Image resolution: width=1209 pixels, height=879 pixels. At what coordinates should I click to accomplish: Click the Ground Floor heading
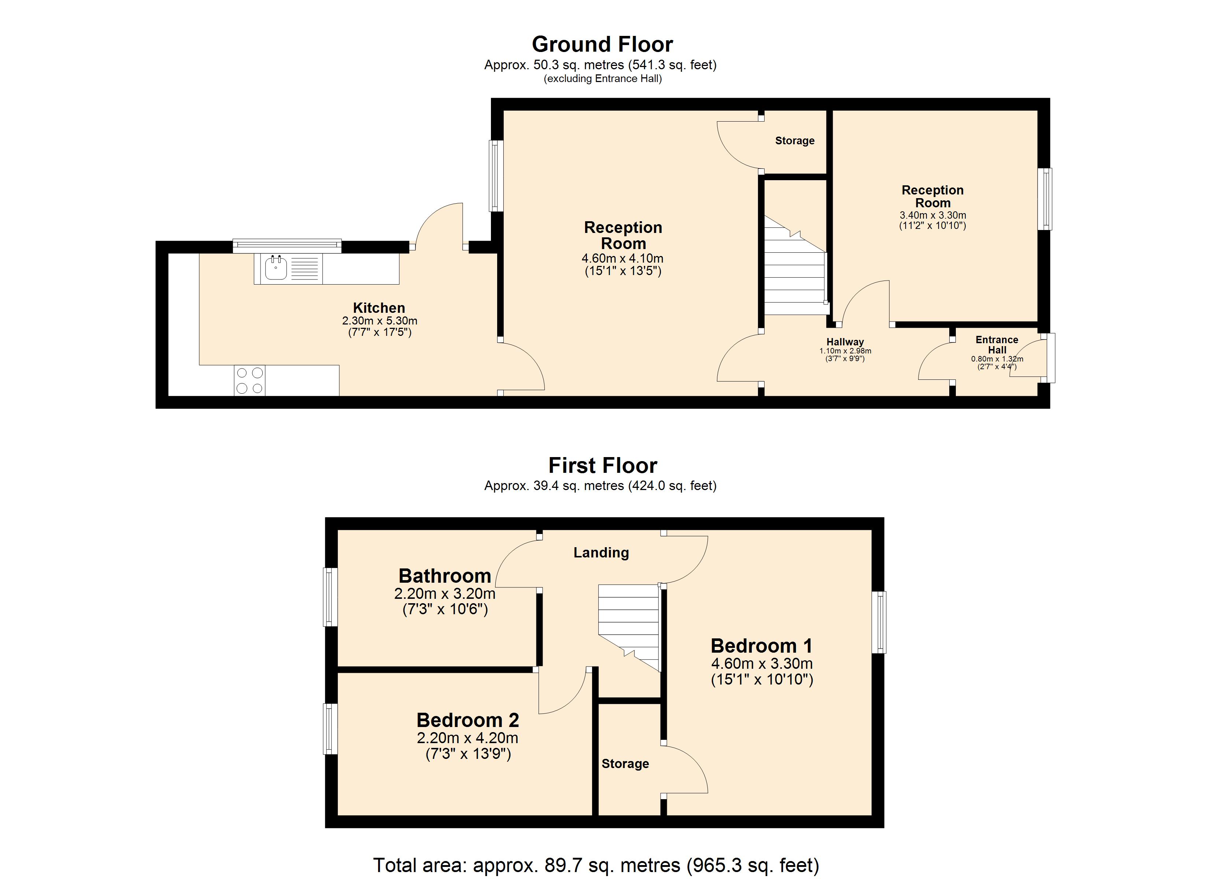click(x=602, y=44)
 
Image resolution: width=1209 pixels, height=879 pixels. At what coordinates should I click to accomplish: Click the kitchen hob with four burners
click(x=249, y=381)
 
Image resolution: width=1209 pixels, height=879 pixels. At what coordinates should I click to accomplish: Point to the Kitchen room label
click(x=379, y=308)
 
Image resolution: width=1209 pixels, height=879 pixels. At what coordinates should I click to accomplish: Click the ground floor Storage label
click(x=795, y=141)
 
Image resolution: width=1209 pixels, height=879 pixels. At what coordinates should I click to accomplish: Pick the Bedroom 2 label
click(x=467, y=720)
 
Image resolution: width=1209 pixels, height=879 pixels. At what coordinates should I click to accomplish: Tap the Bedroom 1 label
click(x=762, y=646)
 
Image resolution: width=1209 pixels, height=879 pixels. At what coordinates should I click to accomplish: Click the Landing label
click(x=601, y=553)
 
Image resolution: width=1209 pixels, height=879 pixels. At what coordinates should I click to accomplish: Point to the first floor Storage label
click(x=625, y=764)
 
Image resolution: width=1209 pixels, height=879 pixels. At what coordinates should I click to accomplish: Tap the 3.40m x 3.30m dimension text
click(x=933, y=215)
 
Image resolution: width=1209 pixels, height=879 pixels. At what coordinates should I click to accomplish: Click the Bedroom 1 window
click(x=879, y=622)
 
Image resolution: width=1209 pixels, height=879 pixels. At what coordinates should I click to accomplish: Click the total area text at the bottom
click(x=596, y=865)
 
